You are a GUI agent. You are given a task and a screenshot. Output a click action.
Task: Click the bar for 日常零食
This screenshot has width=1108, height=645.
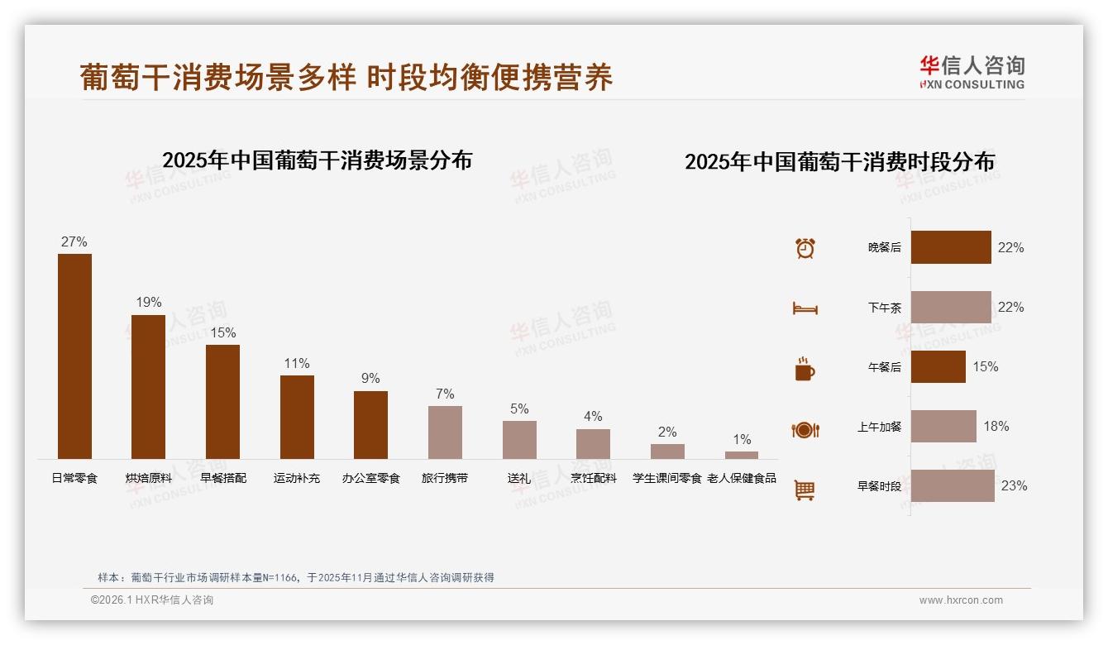74,356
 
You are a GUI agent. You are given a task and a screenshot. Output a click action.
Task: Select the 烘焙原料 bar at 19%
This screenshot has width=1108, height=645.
148,387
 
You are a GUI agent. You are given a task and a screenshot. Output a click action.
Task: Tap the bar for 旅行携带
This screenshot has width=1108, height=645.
445,432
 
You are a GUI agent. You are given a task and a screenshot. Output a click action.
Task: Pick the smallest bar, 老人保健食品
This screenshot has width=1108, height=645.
742,455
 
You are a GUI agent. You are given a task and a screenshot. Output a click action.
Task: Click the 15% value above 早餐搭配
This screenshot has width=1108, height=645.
222,332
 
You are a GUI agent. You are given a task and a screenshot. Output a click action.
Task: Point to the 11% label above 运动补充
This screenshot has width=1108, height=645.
296,363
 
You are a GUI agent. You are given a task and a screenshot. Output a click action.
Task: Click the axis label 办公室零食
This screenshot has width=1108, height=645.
370,478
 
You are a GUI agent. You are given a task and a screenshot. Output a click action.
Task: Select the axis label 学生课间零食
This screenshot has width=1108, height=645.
666,478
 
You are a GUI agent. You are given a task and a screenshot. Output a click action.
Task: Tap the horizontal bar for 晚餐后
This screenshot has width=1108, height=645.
951,247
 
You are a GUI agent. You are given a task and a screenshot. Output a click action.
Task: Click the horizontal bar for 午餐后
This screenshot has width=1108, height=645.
938,366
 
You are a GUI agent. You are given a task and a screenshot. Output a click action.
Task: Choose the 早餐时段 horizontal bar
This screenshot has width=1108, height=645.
953,485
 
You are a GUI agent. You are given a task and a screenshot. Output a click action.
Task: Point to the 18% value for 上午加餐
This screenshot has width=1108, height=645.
996,426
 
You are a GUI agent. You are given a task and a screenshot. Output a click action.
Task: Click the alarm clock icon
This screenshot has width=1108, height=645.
805,248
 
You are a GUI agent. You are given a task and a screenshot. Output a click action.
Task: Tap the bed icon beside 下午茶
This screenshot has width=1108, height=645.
805,308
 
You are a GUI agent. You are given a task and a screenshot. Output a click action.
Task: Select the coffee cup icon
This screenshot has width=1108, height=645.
805,369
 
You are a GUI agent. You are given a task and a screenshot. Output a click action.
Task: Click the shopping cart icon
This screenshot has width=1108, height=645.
805,490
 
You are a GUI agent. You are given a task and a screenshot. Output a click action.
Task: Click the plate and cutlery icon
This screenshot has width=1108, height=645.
805,429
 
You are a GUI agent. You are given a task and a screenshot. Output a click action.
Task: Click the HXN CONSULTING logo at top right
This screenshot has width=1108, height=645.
972,73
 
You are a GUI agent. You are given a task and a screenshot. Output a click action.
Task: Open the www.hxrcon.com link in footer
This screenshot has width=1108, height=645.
961,600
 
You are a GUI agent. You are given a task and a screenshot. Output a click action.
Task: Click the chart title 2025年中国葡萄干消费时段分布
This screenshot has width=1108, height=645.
839,161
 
